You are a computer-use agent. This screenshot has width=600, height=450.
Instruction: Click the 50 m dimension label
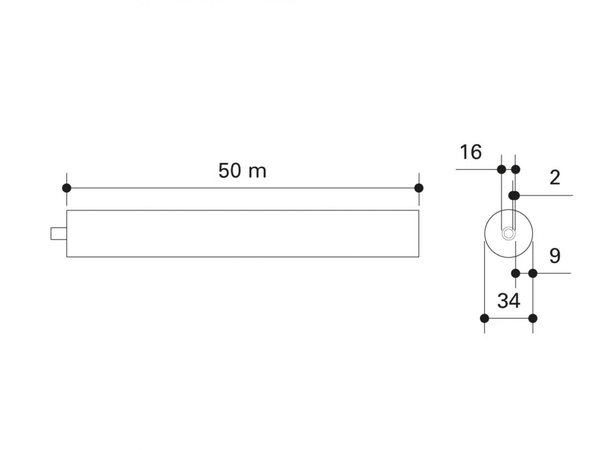(242, 171)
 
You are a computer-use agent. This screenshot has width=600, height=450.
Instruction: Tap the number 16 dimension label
(471, 152)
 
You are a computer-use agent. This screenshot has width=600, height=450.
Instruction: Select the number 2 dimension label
(555, 178)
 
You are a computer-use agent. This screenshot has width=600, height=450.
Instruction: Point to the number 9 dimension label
(555, 256)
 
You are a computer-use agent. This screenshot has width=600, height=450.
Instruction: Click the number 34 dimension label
(509, 301)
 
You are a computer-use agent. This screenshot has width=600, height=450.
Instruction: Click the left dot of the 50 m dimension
(67, 188)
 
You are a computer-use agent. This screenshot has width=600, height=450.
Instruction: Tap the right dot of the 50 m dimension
(419, 188)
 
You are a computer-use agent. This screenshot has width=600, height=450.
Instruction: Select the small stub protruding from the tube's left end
(59, 234)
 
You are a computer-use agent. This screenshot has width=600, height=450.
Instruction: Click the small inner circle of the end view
(508, 234)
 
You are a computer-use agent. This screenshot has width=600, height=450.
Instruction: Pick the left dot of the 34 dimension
(484, 318)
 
